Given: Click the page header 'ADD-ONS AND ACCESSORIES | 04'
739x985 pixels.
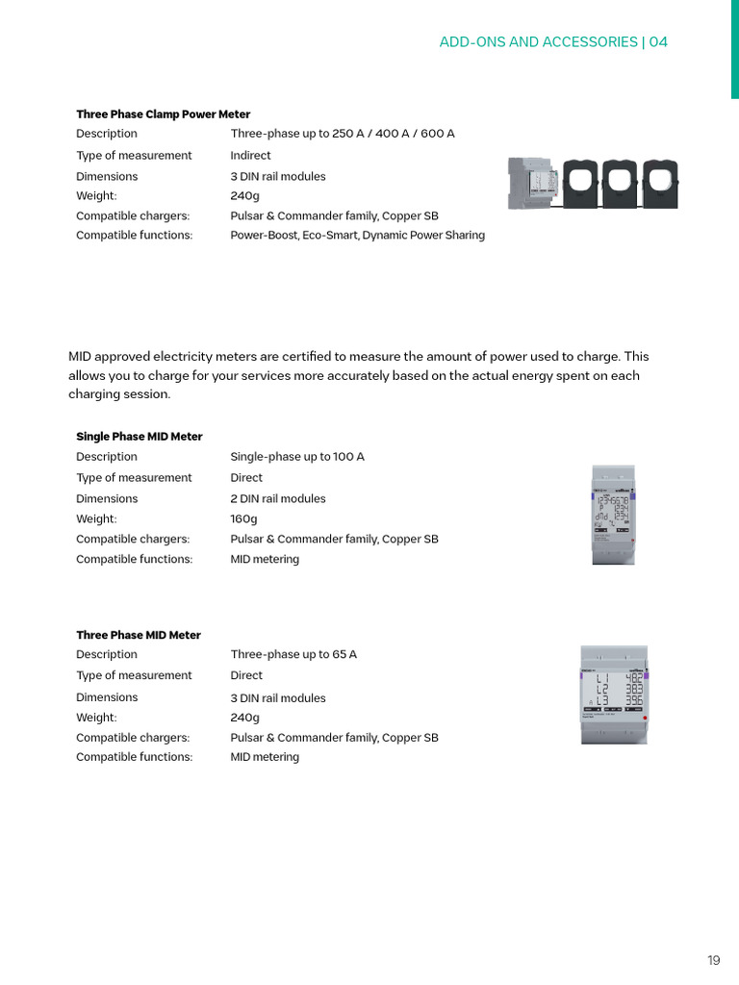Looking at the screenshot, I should pyautogui.click(x=553, y=42).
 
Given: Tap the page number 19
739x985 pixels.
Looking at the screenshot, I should pyautogui.click(x=713, y=960).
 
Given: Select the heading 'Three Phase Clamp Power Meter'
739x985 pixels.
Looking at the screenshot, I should pyautogui.click(x=164, y=114).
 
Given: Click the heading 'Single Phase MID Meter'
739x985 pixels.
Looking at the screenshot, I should pyautogui.click(x=140, y=437).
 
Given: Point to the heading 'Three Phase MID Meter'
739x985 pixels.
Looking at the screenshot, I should pyautogui.click(x=139, y=635).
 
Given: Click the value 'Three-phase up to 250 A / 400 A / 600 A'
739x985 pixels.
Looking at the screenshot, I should pyautogui.click(x=343, y=134).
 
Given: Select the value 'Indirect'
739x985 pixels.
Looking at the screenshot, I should pyautogui.click(x=250, y=156).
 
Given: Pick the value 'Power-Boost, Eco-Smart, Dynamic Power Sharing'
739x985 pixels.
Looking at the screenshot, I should pyautogui.click(x=357, y=236).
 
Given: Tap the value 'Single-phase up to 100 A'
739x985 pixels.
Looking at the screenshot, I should pyautogui.click(x=297, y=457).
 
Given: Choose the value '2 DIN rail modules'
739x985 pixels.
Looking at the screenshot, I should pyautogui.click(x=278, y=499).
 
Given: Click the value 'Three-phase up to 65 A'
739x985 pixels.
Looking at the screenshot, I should pyautogui.click(x=293, y=655).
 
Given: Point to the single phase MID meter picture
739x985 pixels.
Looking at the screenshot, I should pyautogui.click(x=612, y=514).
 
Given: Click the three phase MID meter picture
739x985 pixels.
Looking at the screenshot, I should pyautogui.click(x=614, y=695).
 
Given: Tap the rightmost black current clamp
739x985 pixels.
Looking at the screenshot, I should pyautogui.click(x=660, y=182).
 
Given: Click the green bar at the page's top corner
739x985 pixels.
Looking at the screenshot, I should pyautogui.click(x=734, y=48).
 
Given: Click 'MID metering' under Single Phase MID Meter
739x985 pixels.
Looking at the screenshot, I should pyautogui.click(x=265, y=560).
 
